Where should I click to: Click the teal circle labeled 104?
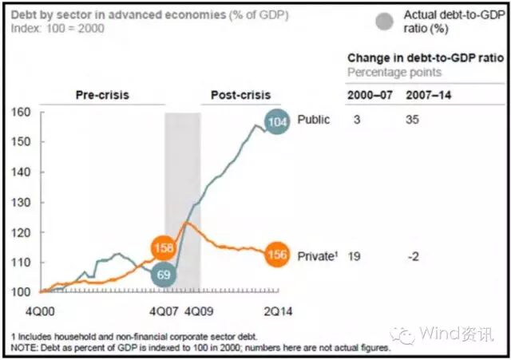coord(277,122)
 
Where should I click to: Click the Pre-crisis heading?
coord(102,96)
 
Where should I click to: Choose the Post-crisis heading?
coord(240,96)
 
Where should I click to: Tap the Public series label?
coord(314,120)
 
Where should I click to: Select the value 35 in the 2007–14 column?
coord(414,120)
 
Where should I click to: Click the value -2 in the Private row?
coord(413,256)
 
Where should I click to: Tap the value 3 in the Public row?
coord(355,120)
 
